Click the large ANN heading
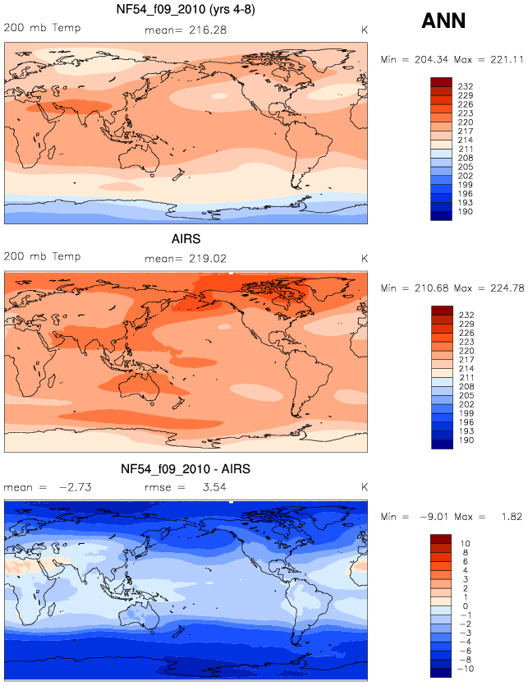point(443,21)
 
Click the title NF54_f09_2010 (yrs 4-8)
point(186,9)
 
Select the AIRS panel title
point(186,239)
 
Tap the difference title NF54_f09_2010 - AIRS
point(186,469)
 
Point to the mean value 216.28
point(208,30)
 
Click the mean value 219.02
point(208,259)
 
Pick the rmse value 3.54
point(214,487)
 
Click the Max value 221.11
point(507,59)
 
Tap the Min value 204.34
point(431,59)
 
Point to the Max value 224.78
point(507,288)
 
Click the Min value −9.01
point(434,517)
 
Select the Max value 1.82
point(512,517)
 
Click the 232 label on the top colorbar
point(466,86)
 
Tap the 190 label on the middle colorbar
point(466,440)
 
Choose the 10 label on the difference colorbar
point(465,544)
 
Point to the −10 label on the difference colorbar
point(465,669)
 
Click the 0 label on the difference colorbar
point(466,606)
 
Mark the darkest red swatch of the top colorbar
point(441,82)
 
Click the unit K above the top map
point(365,30)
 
